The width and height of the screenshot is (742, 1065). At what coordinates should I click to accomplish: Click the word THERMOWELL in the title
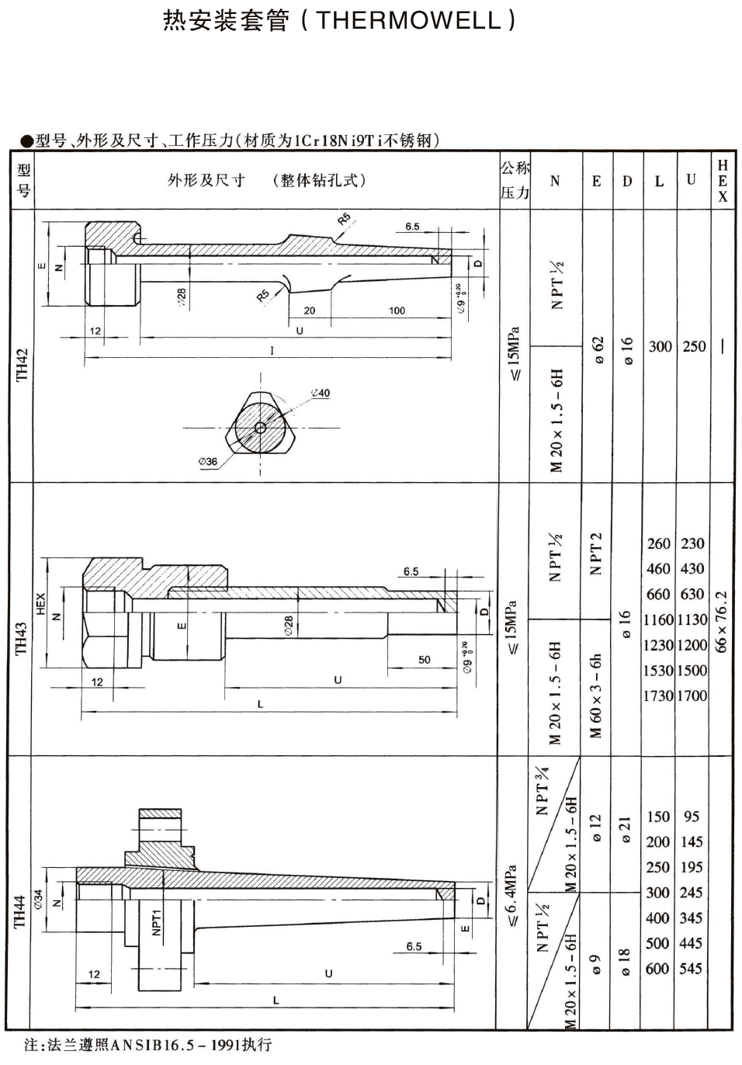point(409,21)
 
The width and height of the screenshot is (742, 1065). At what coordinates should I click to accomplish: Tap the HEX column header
point(723,180)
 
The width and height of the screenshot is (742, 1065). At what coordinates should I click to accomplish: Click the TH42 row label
point(23,364)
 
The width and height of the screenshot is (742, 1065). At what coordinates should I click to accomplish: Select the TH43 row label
point(22,637)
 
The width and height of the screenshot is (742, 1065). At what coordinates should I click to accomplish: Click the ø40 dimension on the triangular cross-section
point(320,393)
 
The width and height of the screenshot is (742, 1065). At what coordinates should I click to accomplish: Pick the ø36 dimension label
point(208,461)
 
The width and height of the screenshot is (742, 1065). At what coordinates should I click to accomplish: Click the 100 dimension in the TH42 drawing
point(397,310)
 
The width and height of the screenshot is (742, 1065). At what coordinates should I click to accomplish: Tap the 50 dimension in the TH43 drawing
point(425,660)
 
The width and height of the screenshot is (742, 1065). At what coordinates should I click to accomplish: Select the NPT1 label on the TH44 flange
point(156,922)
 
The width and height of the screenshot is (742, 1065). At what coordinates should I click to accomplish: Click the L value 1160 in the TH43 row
point(658,619)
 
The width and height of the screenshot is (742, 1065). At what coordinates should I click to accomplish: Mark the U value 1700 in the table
point(692,696)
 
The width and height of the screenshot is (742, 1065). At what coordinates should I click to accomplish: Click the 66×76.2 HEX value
point(721,621)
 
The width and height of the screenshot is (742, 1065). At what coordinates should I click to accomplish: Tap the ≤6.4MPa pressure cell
point(512,896)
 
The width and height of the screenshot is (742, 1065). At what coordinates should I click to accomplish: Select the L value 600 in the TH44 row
point(657,968)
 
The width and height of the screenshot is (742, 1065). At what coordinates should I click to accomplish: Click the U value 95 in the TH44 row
point(691,817)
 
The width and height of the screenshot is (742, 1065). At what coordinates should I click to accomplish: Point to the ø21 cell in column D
point(627,830)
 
